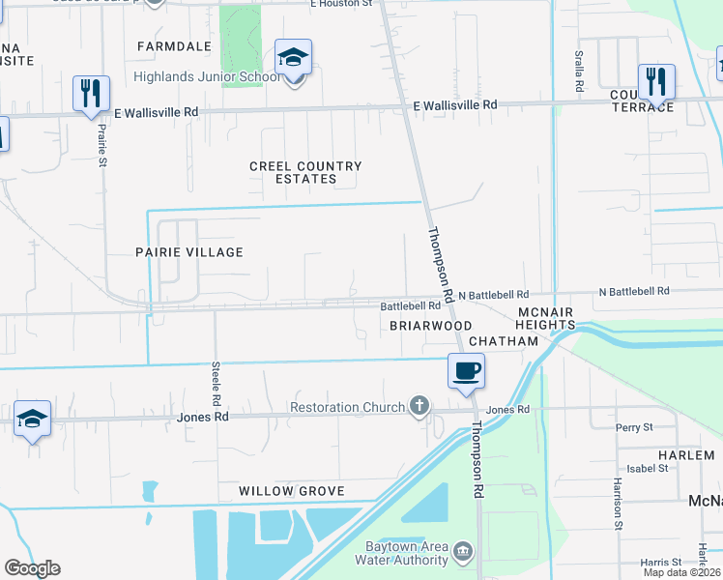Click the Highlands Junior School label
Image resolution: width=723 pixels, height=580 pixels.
tap(207, 77)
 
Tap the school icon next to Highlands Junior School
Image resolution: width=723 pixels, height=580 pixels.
tap(293, 58)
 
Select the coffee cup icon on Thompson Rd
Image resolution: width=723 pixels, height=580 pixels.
tap(466, 370)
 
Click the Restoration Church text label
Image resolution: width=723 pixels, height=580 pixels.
tap(348, 408)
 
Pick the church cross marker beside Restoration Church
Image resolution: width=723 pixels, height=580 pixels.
tap(419, 406)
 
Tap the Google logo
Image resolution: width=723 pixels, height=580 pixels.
tap(33, 568)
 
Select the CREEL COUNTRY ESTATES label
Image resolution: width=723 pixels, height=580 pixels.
tap(305, 172)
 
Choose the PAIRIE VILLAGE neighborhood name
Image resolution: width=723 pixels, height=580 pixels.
tap(188, 251)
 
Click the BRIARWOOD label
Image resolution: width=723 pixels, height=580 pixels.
tap(430, 326)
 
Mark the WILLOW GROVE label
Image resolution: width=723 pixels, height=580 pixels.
tap(293, 491)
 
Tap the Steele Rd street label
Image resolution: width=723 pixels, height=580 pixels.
tap(217, 385)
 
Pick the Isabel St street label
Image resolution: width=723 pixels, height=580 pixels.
tap(647, 468)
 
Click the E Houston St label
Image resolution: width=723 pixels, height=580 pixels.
tap(342, 5)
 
